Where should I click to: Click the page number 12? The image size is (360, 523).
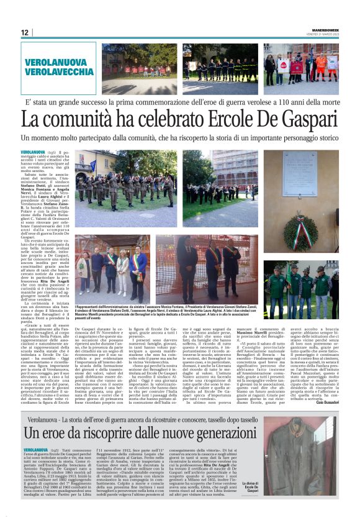(x=25, y=32)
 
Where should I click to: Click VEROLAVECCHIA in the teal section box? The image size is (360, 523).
(x=58, y=73)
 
